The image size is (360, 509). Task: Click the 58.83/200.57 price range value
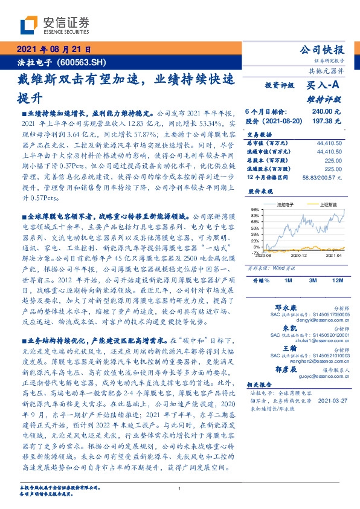click(323, 178)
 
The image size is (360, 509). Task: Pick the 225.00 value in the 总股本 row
click(333, 160)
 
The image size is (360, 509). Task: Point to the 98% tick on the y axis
click(256, 209)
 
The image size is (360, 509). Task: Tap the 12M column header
click(338, 280)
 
